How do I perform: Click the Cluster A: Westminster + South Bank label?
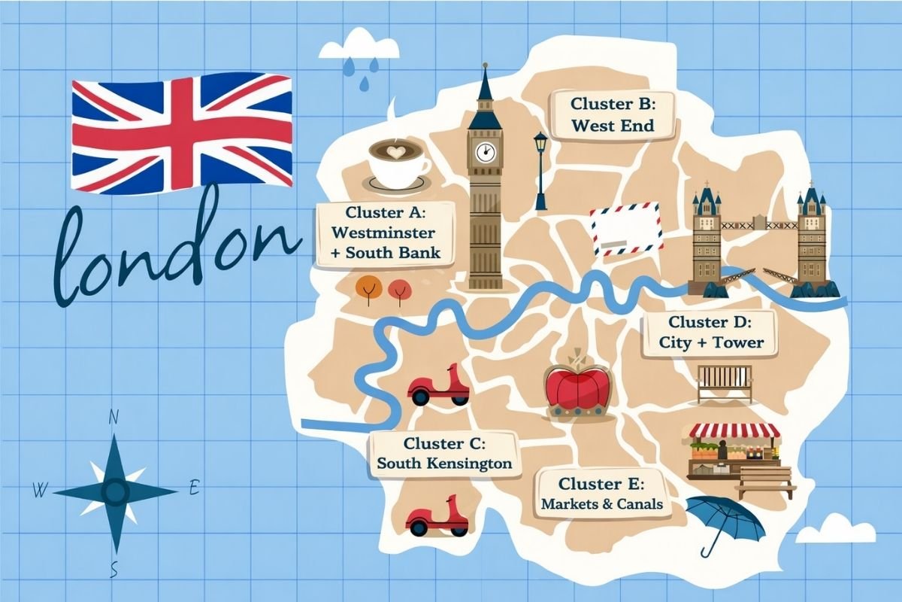click(386, 233)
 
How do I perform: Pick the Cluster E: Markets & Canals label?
click(602, 494)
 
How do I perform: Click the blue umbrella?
click(723, 519)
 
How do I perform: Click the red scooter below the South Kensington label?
click(437, 516)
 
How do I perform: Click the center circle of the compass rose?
click(114, 492)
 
